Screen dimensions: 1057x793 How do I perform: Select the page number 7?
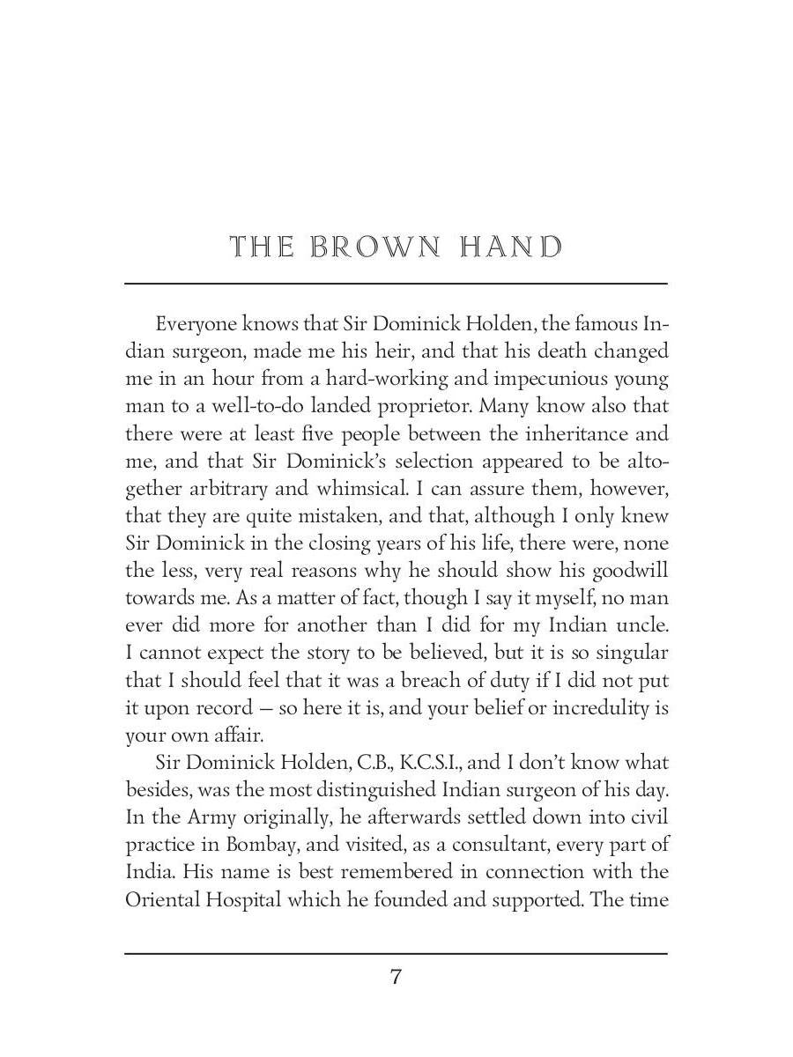(x=396, y=977)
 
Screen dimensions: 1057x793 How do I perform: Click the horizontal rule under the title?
(x=396, y=284)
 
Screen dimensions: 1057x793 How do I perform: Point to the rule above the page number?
(x=396, y=954)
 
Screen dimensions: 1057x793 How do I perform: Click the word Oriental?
(x=160, y=899)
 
